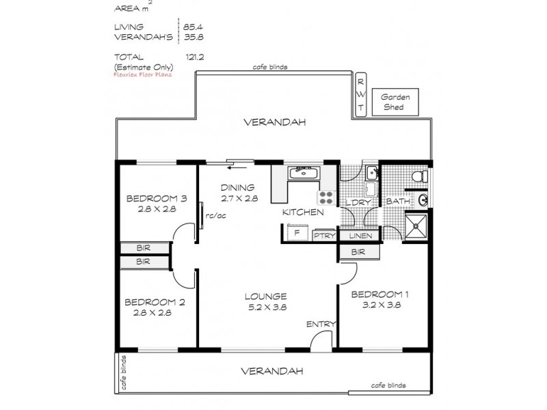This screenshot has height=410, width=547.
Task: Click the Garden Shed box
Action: [395, 102]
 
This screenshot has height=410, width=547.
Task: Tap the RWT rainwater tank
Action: [361, 94]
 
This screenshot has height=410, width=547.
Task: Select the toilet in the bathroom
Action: [420, 176]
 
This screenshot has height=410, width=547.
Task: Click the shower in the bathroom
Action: [416, 227]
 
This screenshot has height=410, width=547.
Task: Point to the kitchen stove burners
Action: [326, 197]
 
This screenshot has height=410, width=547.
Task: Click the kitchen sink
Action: [304, 174]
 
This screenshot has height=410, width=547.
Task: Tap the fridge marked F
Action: [297, 232]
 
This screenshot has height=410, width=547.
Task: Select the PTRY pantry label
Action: [324, 236]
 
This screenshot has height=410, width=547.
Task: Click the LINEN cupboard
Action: [360, 236]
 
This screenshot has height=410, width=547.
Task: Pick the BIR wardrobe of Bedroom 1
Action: [359, 251]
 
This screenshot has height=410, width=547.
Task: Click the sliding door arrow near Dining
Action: [237, 168]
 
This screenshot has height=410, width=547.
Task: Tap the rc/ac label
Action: [215, 216]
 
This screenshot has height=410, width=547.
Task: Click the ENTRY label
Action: [321, 324]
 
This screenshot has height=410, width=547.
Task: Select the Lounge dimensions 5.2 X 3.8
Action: [267, 307]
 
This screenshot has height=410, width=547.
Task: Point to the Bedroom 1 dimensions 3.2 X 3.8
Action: [382, 305]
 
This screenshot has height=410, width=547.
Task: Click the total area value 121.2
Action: [195, 57]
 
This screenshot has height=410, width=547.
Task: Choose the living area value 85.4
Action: [193, 27]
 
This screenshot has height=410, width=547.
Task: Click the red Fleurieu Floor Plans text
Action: [143, 74]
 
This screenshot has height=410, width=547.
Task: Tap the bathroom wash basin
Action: [423, 200]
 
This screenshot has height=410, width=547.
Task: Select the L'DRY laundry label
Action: [358, 202]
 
